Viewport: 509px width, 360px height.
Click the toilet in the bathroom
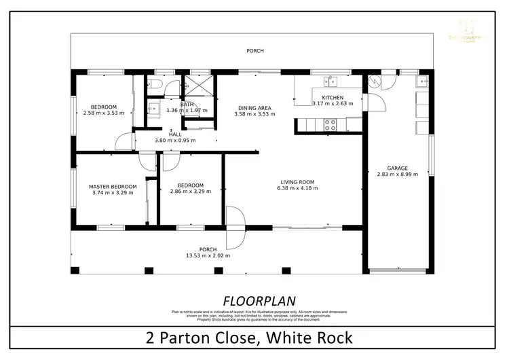pyautogui.click(x=154, y=85)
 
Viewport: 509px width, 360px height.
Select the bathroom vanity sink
pyautogui.click(x=153, y=108)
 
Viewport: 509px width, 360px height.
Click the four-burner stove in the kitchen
pyautogui.click(x=331, y=124)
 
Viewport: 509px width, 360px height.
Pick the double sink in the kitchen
pyautogui.click(x=331, y=82)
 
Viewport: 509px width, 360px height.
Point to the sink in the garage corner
pyautogui.click(x=423, y=82)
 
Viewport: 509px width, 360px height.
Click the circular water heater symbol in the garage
pyautogui.click(x=373, y=82)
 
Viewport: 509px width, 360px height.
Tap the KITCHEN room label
pyautogui.click(x=333, y=97)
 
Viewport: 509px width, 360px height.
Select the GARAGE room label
pyautogui.click(x=397, y=168)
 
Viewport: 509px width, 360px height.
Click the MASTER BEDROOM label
pyautogui.click(x=113, y=186)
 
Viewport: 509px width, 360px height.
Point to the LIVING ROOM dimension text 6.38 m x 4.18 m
pyautogui.click(x=297, y=188)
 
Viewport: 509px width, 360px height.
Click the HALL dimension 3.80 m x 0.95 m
pyautogui.click(x=175, y=141)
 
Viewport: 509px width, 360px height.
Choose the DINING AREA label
pyautogui.click(x=254, y=107)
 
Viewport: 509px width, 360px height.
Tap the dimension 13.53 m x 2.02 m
pyautogui.click(x=208, y=255)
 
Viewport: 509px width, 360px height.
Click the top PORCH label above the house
pyautogui.click(x=255, y=51)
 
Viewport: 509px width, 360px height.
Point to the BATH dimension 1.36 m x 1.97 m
pyautogui.click(x=187, y=111)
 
